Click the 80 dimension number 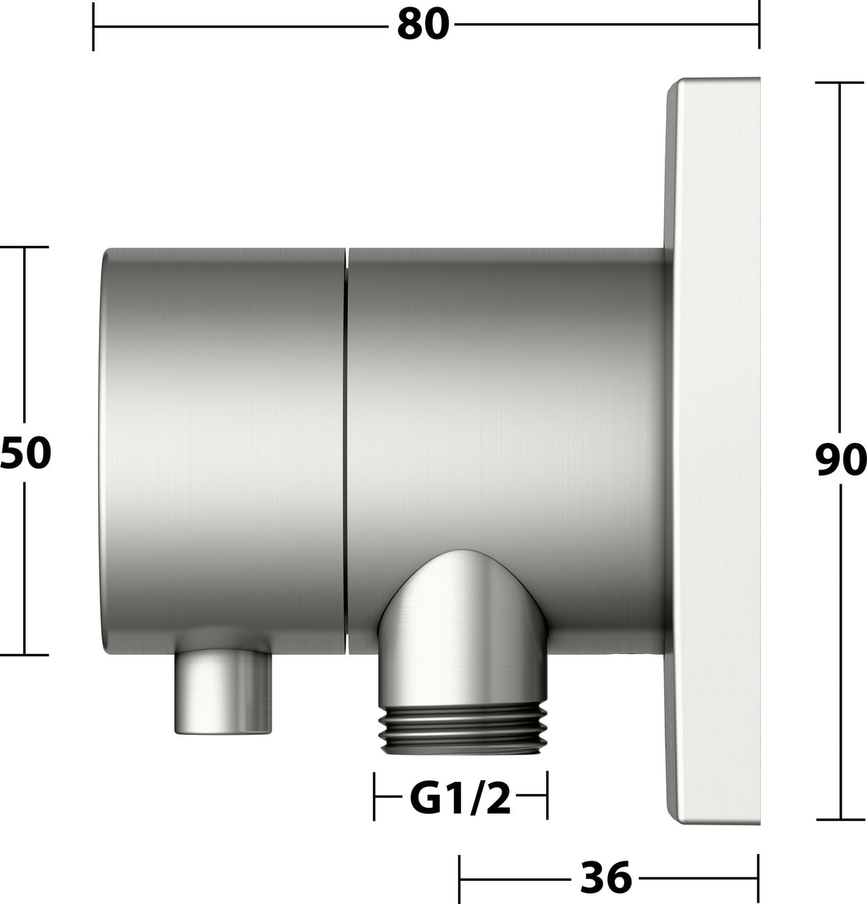pyautogui.click(x=423, y=25)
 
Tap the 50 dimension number pyautogui.click(x=25, y=453)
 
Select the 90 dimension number pyautogui.click(x=840, y=459)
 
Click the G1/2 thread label pyautogui.click(x=460, y=798)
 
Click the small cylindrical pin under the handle pyautogui.click(x=223, y=692)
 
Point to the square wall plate pyautogui.click(x=713, y=451)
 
